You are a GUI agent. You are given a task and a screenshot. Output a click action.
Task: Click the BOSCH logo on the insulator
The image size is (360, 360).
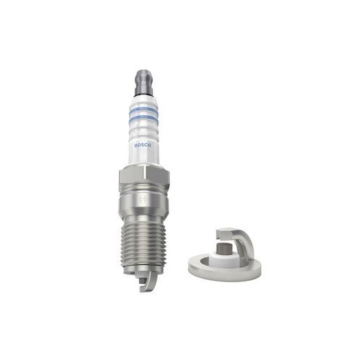click(143, 145)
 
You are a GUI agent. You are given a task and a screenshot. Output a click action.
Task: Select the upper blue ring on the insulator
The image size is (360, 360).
click(144, 111)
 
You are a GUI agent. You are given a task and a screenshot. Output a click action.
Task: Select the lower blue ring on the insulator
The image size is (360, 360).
click(144, 120)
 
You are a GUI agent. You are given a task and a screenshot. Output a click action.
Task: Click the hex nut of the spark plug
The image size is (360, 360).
click(144, 177)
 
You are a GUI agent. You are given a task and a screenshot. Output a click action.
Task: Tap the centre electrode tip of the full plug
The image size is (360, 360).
click(142, 280)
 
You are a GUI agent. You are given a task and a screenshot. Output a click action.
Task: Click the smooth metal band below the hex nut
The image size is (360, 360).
click(143, 203)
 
